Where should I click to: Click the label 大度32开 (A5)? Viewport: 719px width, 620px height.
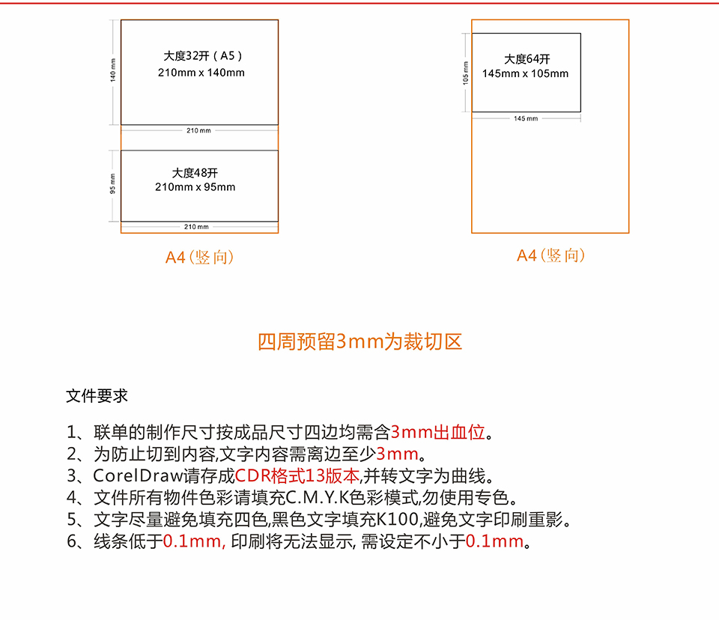203,56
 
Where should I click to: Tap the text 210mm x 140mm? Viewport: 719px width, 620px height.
201,73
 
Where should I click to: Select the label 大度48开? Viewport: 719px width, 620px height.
195,173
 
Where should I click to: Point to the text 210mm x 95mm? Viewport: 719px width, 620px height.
195,187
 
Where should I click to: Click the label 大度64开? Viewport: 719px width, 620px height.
527,59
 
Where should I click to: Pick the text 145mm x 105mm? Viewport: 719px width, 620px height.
525,73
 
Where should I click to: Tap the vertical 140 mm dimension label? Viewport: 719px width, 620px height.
113,70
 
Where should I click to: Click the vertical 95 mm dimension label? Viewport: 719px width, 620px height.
113,183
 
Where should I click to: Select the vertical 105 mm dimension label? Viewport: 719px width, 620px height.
466,73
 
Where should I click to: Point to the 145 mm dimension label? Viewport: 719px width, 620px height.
526,118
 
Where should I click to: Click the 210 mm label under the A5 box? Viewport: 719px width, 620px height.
198,131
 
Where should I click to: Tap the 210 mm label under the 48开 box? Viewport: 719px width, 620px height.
196,227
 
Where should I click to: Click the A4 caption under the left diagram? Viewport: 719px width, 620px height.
199,258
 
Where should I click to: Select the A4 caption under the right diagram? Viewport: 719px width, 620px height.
550,255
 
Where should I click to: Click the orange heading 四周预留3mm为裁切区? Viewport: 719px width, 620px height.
360,341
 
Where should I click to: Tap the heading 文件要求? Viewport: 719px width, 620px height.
97,396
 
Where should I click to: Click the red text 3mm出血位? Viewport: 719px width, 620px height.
438,432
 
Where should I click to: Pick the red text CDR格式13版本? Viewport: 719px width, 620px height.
297,476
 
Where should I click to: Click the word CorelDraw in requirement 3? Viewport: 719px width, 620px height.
139,476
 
